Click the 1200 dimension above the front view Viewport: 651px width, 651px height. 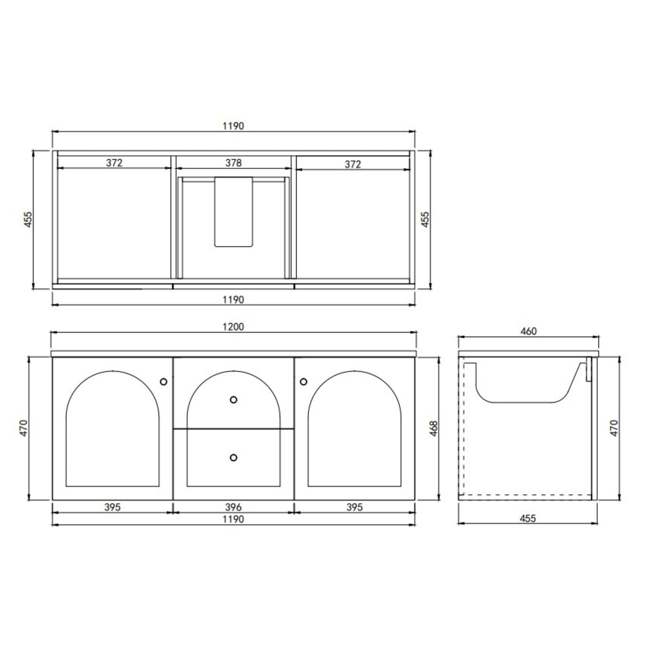pyautogui.click(x=233, y=327)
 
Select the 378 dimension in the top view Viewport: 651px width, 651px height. pyautogui.click(x=233, y=163)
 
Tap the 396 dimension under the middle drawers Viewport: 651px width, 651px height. pyautogui.click(x=233, y=507)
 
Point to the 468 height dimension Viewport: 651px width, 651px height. pyautogui.click(x=434, y=428)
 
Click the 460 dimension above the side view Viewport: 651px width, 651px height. pyautogui.click(x=528, y=332)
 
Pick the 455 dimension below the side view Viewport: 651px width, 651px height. pyautogui.click(x=527, y=518)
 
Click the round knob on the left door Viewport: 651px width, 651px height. pyautogui.click(x=163, y=382)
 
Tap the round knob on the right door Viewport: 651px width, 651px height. pyautogui.click(x=303, y=381)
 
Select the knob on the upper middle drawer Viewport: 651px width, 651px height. pyautogui.click(x=233, y=400)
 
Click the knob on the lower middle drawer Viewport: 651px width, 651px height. pyautogui.click(x=233, y=458)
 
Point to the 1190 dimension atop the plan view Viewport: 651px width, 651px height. pyautogui.click(x=233, y=126)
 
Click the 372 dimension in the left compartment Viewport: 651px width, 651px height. pyautogui.click(x=114, y=163)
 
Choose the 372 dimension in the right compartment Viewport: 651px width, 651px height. pyautogui.click(x=353, y=164)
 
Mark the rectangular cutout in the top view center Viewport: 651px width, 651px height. pyautogui.click(x=233, y=212)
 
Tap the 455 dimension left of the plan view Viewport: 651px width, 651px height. pyautogui.click(x=28, y=219)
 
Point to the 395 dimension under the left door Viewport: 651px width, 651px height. pyautogui.click(x=112, y=507)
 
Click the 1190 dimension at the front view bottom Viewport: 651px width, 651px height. pyautogui.click(x=233, y=519)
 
